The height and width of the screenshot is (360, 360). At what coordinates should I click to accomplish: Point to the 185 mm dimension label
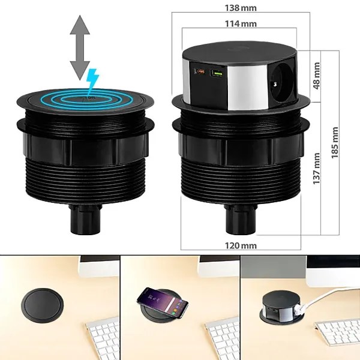pyautogui.click(x=334, y=142)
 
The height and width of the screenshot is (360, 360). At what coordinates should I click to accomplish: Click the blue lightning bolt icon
pyautogui.click(x=92, y=79)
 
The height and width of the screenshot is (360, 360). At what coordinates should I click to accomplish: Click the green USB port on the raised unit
pyautogui.click(x=217, y=73)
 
